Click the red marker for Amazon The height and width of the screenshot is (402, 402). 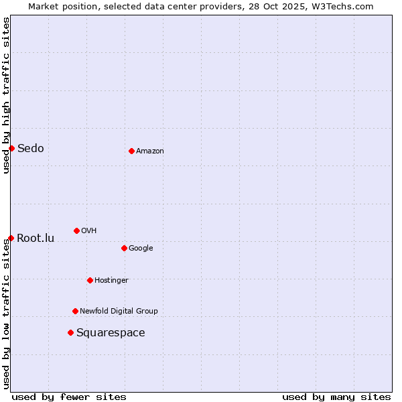click(131, 151)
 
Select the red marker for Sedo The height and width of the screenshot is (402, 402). click(11, 148)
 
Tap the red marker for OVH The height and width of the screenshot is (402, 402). click(76, 230)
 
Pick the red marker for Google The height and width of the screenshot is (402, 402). click(124, 248)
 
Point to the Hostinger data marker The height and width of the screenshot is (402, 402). click(90, 280)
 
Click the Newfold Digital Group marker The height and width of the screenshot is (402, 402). click(75, 311)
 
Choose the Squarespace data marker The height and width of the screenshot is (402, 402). click(70, 332)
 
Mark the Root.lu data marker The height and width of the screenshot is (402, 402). click(11, 238)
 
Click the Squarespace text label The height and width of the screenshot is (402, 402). click(111, 332)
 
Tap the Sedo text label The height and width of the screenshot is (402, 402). click(31, 148)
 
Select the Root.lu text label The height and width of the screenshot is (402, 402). click(36, 238)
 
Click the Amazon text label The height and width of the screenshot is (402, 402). click(150, 151)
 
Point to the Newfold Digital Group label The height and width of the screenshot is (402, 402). click(119, 311)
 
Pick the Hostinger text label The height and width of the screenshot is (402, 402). click(111, 280)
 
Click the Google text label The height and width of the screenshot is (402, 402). click(141, 248)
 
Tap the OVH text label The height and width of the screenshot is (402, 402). click(89, 230)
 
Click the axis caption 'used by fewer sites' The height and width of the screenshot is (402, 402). click(69, 397)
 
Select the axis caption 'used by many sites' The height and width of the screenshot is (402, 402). click(336, 397)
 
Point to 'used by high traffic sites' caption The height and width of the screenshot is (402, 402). click(6, 95)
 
